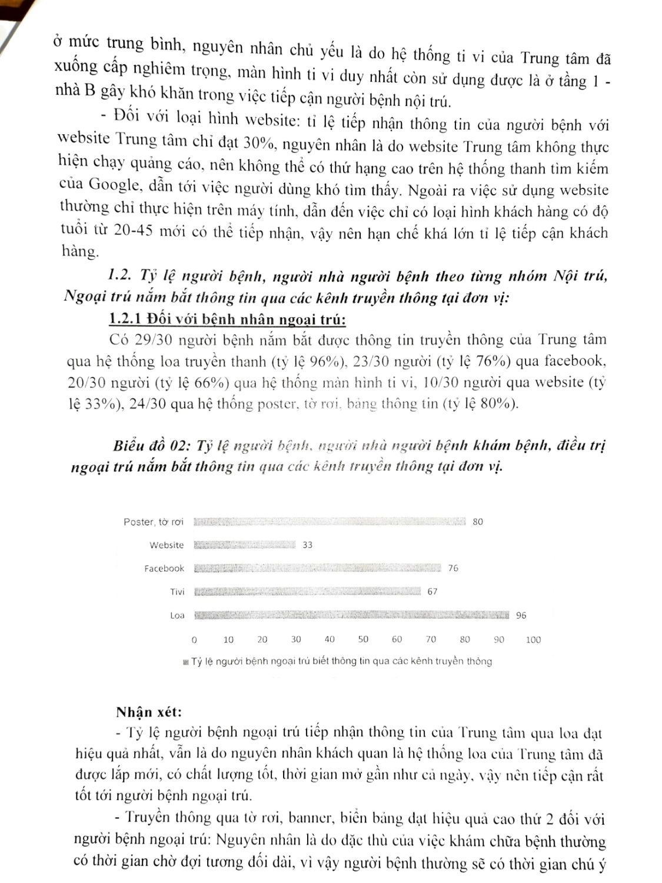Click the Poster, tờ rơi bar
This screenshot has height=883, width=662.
click(330, 522)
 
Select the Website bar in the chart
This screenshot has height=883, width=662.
click(244, 545)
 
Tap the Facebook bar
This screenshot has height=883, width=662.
click(317, 568)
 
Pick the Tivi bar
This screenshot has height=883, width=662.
click(307, 592)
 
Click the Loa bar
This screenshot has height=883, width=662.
click(351, 616)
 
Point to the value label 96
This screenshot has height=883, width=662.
click(521, 616)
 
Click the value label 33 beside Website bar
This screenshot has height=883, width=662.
click(308, 545)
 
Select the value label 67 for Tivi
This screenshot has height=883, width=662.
click(433, 592)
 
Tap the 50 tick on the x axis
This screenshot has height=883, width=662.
click(363, 640)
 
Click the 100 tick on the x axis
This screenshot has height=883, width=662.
click(533, 640)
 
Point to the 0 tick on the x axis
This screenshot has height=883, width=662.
click(194, 640)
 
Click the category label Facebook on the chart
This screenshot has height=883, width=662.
click(164, 569)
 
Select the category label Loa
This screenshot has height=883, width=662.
click(177, 616)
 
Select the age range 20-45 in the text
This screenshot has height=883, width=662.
click(134, 230)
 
